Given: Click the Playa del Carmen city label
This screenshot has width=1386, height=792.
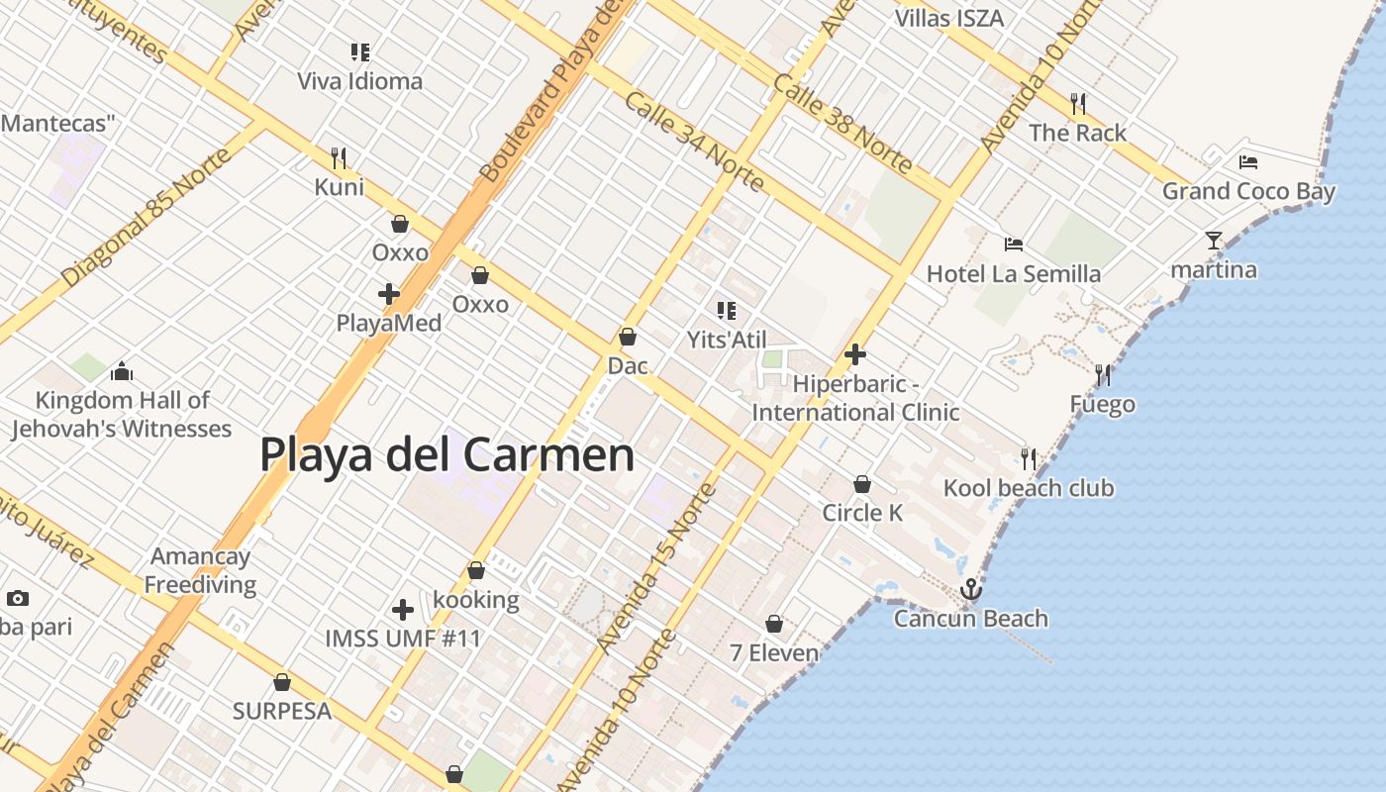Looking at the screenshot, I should (x=446, y=454).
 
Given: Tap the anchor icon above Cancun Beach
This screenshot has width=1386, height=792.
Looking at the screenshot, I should (x=971, y=590).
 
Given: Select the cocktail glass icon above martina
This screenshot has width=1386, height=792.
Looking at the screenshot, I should (x=1214, y=240).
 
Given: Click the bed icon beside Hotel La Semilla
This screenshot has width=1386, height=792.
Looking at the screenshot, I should (x=1013, y=245).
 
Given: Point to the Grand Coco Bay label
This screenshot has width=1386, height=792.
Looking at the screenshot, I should (x=1248, y=191).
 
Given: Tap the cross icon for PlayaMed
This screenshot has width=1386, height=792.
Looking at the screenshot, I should (x=389, y=294).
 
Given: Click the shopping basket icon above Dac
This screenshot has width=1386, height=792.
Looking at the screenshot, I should (x=627, y=338).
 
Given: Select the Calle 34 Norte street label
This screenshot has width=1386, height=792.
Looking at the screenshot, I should (x=694, y=143).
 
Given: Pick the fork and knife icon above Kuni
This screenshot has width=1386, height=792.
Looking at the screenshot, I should (x=339, y=157).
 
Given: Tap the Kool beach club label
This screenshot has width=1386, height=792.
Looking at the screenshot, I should (x=1028, y=488).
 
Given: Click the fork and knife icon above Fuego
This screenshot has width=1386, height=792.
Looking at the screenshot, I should (x=1103, y=375).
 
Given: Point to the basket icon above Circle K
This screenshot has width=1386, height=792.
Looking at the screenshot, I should (x=862, y=484).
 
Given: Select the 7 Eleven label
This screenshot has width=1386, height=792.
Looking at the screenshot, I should (x=774, y=652).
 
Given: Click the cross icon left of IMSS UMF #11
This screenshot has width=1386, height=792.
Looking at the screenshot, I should (x=403, y=610).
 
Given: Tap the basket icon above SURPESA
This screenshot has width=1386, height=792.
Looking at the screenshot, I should (x=282, y=682).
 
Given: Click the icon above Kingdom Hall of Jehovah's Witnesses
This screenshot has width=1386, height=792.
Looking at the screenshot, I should (x=122, y=371).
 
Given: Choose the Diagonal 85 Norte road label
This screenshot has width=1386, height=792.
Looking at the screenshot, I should (x=146, y=219).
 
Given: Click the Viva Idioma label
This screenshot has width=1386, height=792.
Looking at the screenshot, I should (x=360, y=81).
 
